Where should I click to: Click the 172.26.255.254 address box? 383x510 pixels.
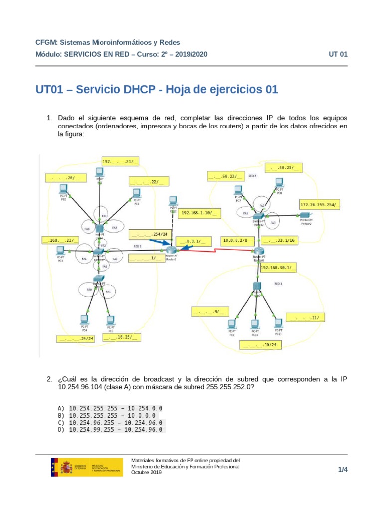[x=320, y=204]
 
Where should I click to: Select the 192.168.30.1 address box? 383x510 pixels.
[x=279, y=268]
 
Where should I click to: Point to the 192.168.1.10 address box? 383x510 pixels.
[x=199, y=213]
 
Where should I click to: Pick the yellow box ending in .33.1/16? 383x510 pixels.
[x=279, y=240]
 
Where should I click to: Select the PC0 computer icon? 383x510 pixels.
[x=63, y=189]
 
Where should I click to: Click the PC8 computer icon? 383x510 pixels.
[x=280, y=190]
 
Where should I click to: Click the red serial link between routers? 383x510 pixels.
[x=214, y=251]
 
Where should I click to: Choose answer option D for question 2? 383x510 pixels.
[x=115, y=429]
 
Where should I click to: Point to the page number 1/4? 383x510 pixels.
[x=342, y=469]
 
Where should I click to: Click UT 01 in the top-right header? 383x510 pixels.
[x=338, y=54]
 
